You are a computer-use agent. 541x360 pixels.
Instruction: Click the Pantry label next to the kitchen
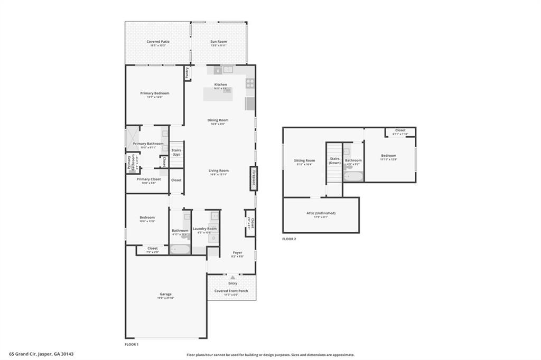(x=187, y=73)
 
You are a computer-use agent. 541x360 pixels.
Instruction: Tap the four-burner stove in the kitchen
(x=250, y=83)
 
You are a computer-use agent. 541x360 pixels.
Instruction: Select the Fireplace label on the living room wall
(x=254, y=178)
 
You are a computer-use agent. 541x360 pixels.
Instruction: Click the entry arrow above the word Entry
(x=232, y=277)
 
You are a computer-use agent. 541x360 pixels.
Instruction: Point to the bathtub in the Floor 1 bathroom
(x=180, y=249)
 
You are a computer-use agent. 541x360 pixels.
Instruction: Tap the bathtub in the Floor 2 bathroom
(x=353, y=176)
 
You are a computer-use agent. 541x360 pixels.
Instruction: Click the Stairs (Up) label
(x=176, y=153)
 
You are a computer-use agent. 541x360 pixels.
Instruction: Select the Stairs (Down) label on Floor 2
(x=334, y=160)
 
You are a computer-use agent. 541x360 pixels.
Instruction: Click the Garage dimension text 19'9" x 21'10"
(x=165, y=298)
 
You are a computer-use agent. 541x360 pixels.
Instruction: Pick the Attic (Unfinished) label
(x=321, y=213)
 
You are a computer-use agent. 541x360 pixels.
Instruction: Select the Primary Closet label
(x=148, y=179)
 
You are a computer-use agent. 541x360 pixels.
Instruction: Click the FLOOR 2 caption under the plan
(x=289, y=239)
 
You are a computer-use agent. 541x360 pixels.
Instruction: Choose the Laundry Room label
(x=204, y=229)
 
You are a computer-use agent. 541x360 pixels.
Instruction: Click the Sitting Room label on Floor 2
(x=304, y=160)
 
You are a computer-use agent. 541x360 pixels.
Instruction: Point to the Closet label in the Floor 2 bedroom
(x=400, y=130)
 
